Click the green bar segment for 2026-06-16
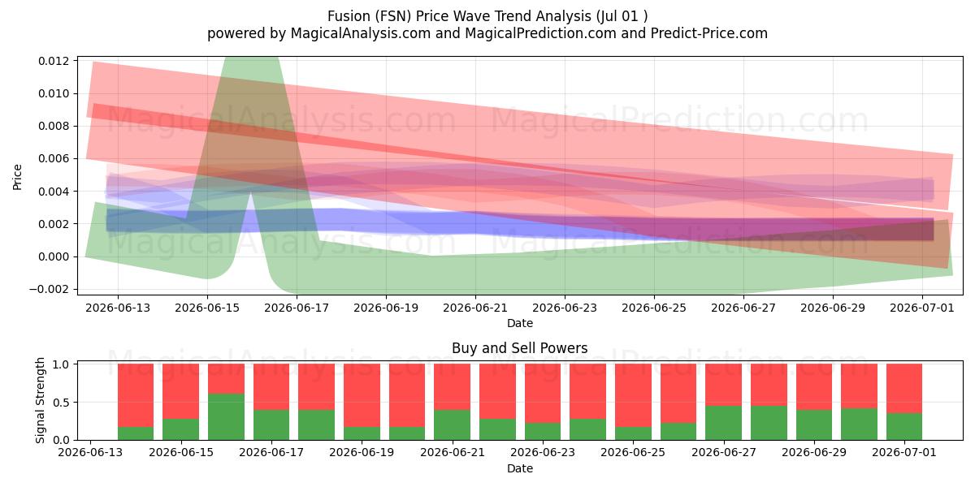tap(226, 416)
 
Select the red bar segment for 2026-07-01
tap(904, 388)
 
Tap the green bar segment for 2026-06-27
tap(723, 423)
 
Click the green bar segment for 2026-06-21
tap(453, 425)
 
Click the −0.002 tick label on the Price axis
tap(49, 289)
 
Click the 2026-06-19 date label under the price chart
tap(386, 308)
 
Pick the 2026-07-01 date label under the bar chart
tap(904, 452)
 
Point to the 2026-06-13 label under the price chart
tap(118, 308)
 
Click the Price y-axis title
tap(17, 177)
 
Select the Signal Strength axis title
tap(40, 400)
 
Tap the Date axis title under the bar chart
tap(520, 468)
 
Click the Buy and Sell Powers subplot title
tap(520, 348)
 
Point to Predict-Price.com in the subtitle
tap(709, 33)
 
